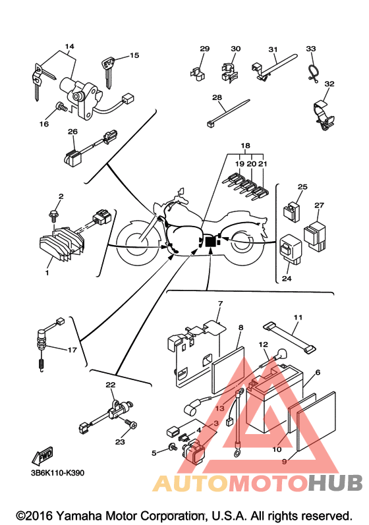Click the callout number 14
[69, 46]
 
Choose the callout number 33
[311, 49]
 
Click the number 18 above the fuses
[245, 146]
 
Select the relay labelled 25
[291, 211]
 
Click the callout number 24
[287, 278]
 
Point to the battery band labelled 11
[289, 337]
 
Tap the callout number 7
[220, 304]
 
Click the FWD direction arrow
[43, 455]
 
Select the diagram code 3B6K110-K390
[57, 473]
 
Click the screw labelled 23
[131, 424]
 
